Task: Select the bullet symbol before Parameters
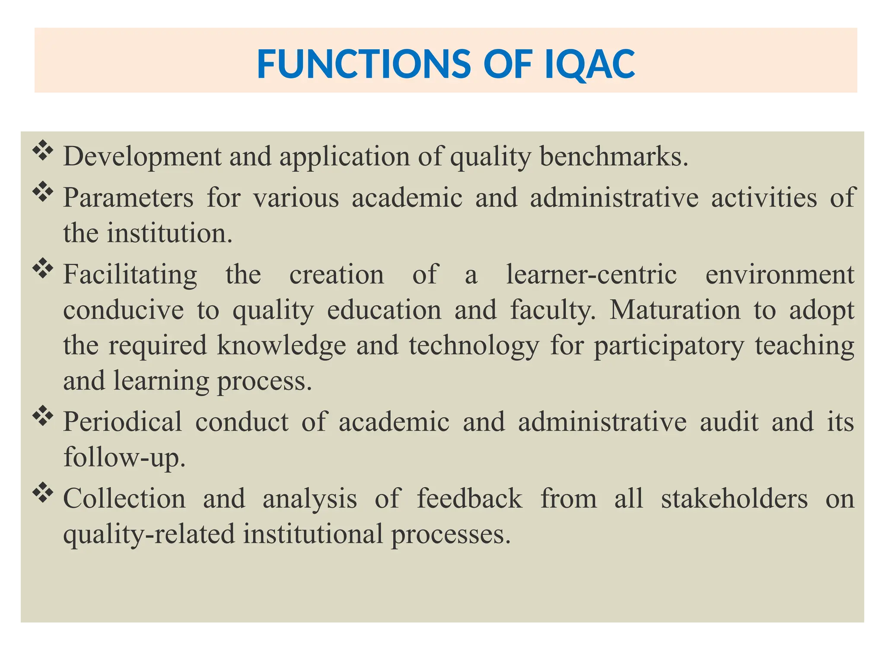pos(43,192)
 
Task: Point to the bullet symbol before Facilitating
pos(43,269)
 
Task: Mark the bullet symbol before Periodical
pos(43,416)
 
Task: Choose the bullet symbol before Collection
pos(43,493)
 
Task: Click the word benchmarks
pos(614,156)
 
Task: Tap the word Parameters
pos(128,198)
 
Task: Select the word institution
pos(169,233)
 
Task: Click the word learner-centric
pos(592,275)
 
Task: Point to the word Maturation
pos(675,310)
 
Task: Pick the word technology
pos(474,346)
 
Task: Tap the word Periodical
pos(123,422)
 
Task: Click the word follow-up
pos(124,457)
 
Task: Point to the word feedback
pos(470,498)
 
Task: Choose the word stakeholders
pos(734,498)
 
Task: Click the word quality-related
pos(149,534)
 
